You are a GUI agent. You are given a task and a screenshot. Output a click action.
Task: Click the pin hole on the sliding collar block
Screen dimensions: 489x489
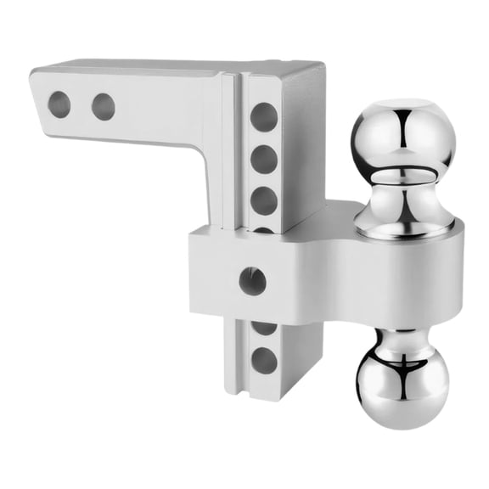pos(252,281)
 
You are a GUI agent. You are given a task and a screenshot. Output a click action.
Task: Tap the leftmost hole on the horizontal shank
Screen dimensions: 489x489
pos(59,104)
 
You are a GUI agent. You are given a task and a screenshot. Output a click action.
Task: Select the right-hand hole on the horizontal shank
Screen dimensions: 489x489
pos(104,106)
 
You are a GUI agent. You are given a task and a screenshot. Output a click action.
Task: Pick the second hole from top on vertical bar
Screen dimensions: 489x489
pos(264,158)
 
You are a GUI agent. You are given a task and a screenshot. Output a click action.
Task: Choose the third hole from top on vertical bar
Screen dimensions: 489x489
pos(264,200)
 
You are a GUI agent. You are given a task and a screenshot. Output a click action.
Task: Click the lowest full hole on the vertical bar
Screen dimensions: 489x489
pos(264,360)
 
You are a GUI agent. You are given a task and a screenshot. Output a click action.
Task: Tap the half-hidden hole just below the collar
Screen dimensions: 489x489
pos(264,326)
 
